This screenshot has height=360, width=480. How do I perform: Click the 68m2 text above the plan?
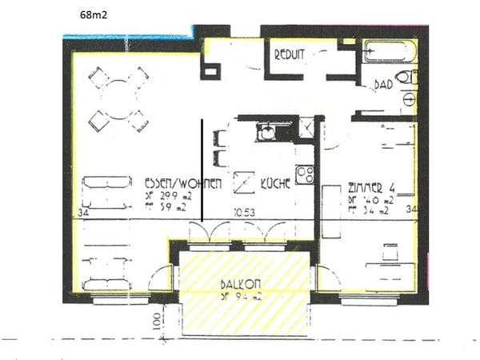pyautogui.click(x=95, y=14)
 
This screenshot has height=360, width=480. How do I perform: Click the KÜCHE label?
pyautogui.click(x=275, y=182)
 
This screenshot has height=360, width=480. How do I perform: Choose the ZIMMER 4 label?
pyautogui.click(x=373, y=188)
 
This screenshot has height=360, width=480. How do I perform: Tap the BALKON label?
pyautogui.click(x=241, y=284)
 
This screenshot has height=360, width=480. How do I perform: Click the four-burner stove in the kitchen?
pyautogui.click(x=304, y=174)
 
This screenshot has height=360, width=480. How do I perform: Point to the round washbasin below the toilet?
pyautogui.click(x=410, y=101)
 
